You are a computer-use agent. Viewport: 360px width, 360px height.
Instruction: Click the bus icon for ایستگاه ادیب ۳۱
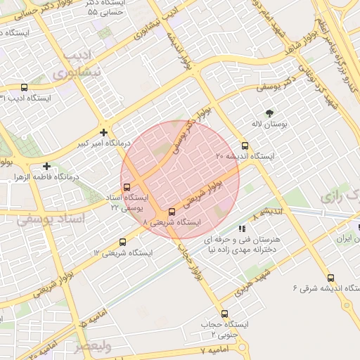(x=25, y=89)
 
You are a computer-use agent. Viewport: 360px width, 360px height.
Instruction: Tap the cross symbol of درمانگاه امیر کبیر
(x=104, y=131)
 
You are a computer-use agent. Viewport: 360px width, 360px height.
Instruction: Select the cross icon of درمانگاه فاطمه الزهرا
(x=46, y=167)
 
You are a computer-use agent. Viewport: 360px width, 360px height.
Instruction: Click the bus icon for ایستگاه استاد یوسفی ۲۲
(x=127, y=188)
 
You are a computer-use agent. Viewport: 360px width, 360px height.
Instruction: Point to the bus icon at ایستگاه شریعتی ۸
(x=172, y=212)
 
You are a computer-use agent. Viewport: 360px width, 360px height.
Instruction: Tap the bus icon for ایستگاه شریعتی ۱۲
(x=124, y=242)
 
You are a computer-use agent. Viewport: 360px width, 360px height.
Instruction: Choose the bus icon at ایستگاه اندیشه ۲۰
(x=245, y=146)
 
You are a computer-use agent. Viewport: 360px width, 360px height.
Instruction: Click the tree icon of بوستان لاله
(x=269, y=112)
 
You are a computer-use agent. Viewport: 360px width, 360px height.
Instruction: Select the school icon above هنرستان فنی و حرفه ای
(x=243, y=229)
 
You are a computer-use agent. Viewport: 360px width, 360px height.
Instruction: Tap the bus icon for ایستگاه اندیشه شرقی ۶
(x=330, y=278)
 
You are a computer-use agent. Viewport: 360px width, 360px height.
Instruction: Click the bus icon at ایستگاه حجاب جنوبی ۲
(x=225, y=314)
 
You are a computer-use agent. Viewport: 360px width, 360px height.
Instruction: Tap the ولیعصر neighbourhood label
(x=94, y=346)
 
